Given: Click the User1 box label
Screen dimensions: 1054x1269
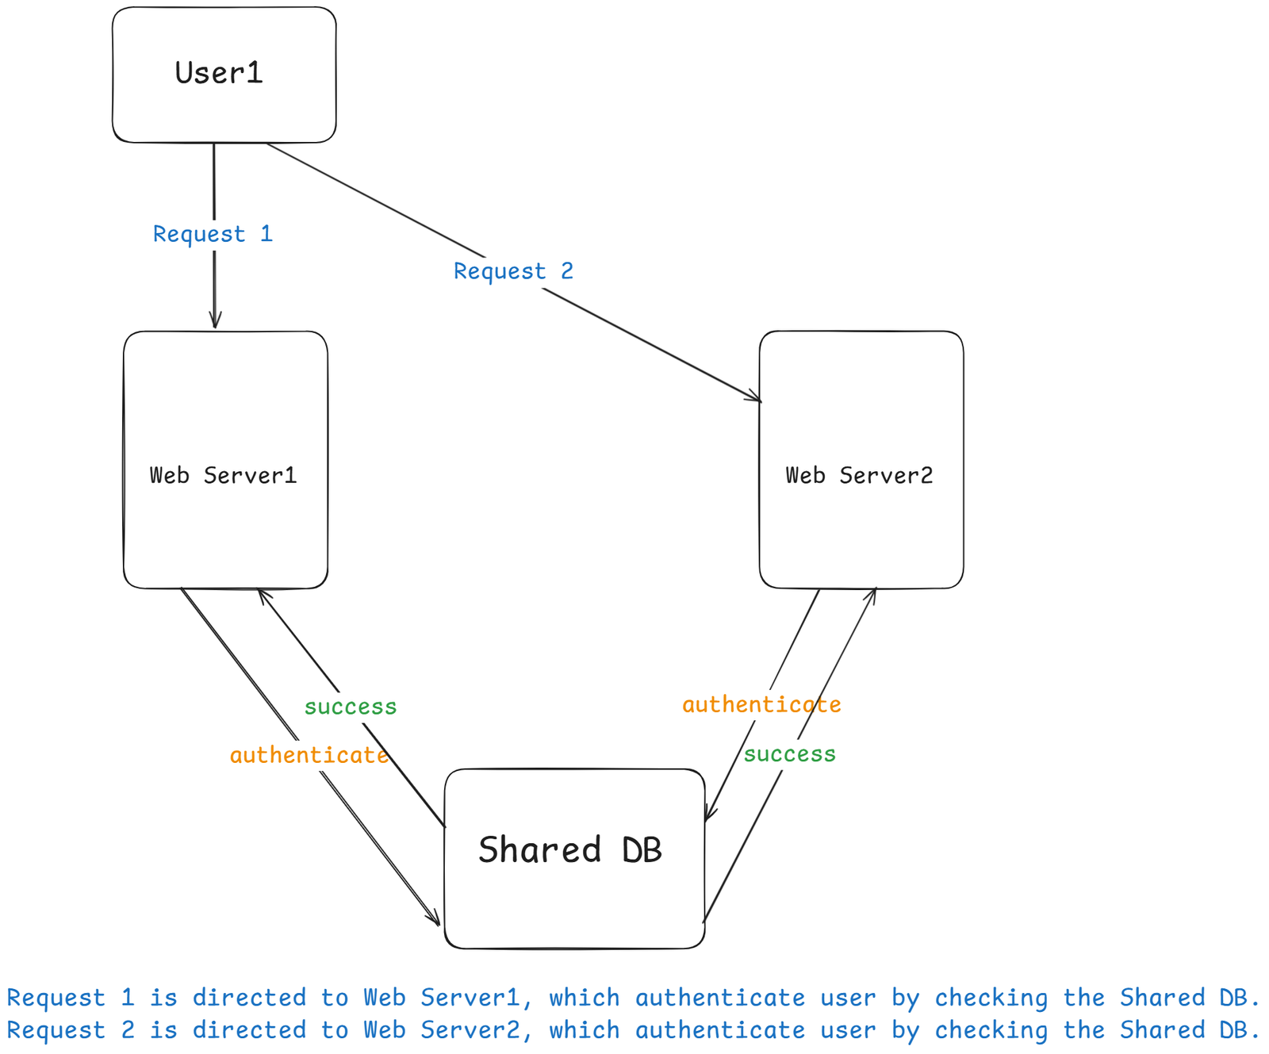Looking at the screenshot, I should pos(219,73).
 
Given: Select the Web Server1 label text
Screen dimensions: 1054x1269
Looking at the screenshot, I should pos(223,475).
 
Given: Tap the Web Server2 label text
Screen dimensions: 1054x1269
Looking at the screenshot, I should pos(859,475).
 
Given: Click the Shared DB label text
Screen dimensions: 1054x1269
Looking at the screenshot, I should pos(569,850).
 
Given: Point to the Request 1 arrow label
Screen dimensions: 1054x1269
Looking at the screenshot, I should pos(213,234).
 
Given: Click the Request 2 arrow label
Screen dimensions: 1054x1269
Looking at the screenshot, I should pos(513,271).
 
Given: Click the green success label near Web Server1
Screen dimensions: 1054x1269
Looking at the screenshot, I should pos(351,707).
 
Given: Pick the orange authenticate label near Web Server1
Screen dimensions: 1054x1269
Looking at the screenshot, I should pos(309,755).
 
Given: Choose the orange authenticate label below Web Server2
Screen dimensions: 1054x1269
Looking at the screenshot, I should pos(761,704).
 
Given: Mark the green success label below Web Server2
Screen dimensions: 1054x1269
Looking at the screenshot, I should pos(789,754).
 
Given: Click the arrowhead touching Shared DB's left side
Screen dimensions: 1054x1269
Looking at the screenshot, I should pos(435,920).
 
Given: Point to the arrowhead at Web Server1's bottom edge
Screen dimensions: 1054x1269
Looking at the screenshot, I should pos(263,595).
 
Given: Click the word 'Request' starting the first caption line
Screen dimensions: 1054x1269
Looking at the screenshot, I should pos(56,998).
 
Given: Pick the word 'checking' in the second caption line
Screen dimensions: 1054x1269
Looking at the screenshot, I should pos(991,1030).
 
